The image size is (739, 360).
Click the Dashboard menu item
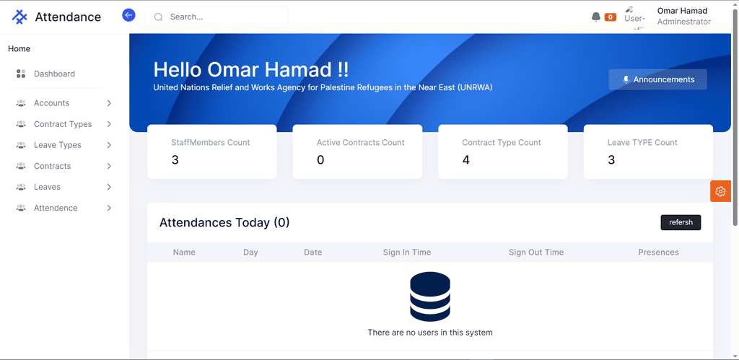point(54,74)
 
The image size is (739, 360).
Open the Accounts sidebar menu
point(62,103)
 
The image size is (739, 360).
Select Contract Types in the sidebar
point(62,124)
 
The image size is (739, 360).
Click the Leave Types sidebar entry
point(62,145)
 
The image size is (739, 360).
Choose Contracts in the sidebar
point(62,166)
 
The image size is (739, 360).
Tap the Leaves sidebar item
point(62,187)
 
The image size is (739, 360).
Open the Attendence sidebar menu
point(62,208)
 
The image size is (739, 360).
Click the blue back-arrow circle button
point(128,15)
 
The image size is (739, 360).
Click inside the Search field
point(217,17)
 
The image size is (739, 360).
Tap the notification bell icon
point(596,17)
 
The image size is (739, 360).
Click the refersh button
point(681,222)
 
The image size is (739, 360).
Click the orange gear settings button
point(720,191)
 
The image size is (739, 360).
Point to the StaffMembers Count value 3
point(175,160)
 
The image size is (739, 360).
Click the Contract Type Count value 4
point(465,160)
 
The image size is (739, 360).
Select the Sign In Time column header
point(407,252)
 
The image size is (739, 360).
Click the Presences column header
point(658,252)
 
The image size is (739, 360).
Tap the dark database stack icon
point(430,297)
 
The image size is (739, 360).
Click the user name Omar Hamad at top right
point(682,11)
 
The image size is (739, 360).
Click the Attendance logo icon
point(19,17)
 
